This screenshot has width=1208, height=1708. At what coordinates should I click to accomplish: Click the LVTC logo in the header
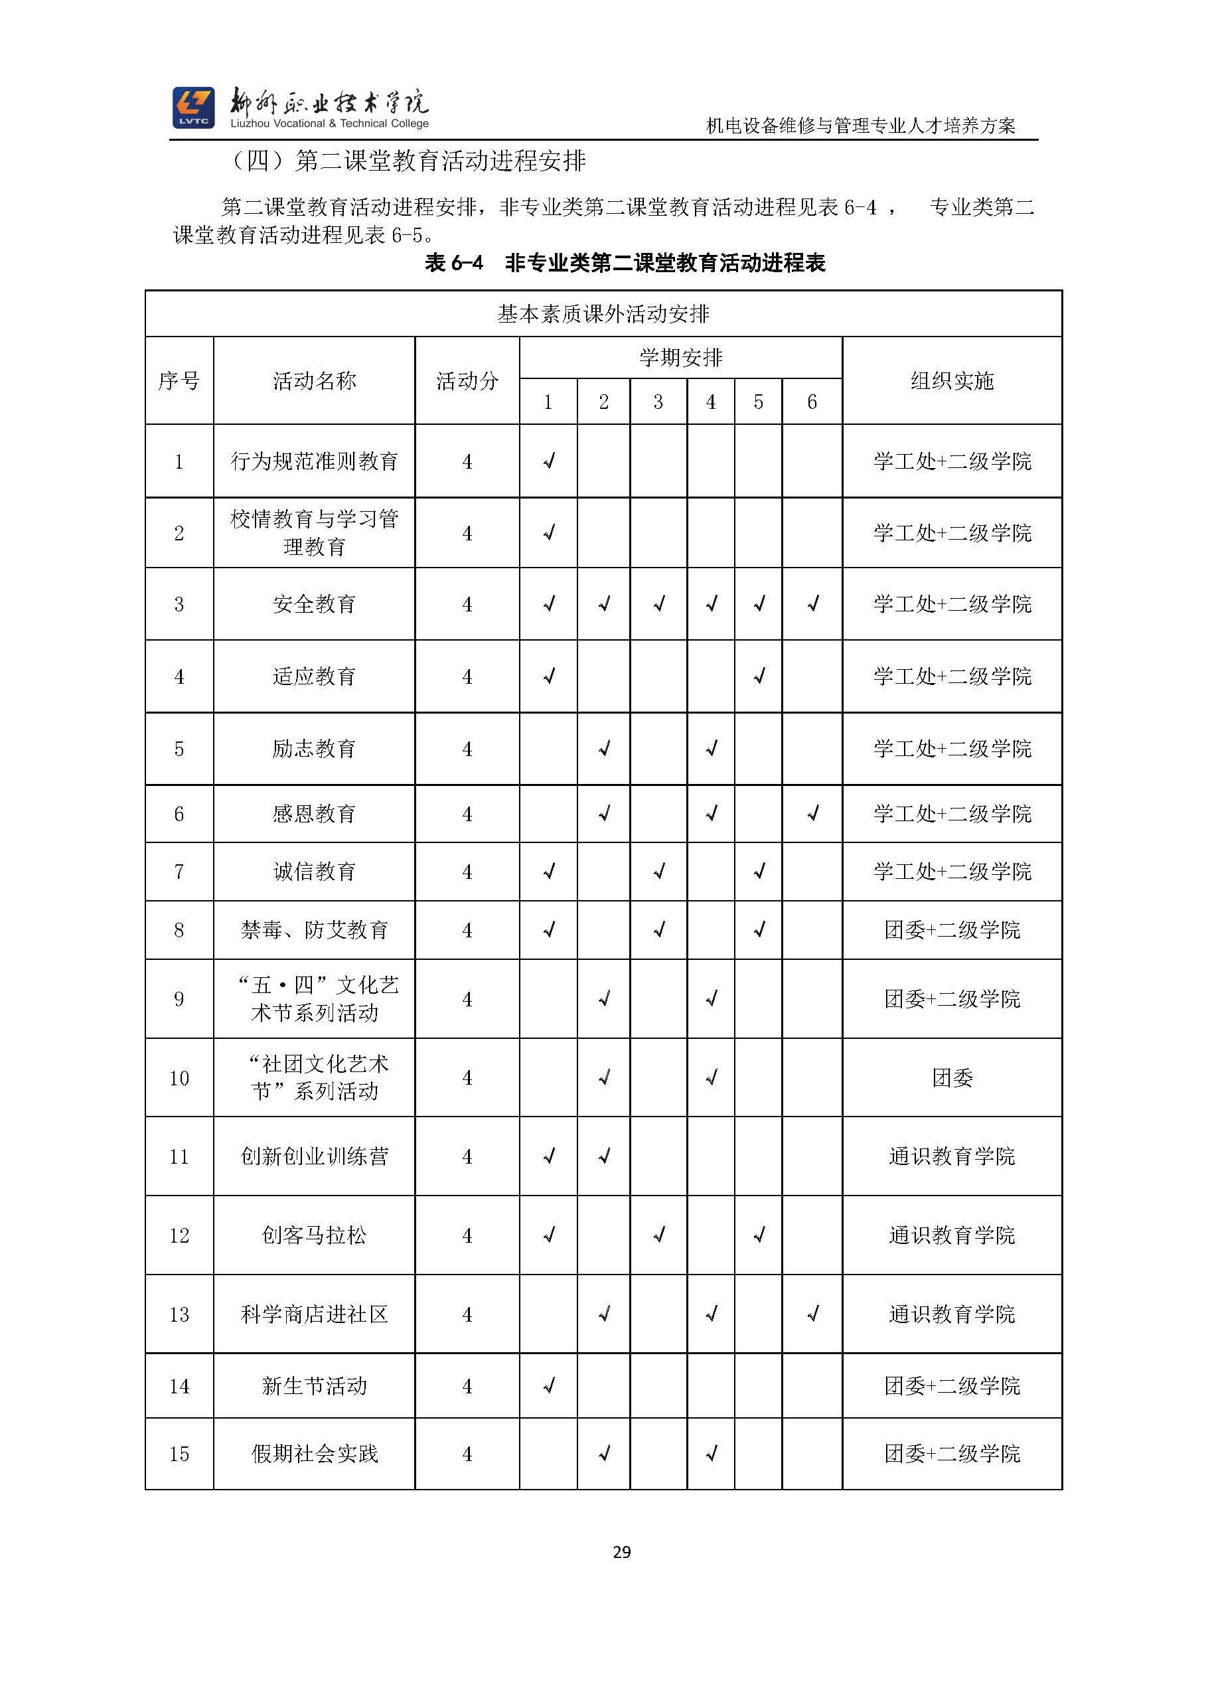pos(193,107)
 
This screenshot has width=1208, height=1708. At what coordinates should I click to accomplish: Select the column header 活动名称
pos(314,381)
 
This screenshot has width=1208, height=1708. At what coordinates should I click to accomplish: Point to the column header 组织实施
pos(952,381)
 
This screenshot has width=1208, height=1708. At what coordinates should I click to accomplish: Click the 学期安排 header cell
pos(680,358)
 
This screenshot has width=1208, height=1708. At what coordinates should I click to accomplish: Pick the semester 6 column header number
pos(812,402)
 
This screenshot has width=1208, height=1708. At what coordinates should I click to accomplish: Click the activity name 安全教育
pos(314,604)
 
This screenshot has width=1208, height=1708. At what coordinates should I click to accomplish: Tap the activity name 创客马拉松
pos(314,1235)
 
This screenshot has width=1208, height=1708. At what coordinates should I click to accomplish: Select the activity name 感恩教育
pos(314,814)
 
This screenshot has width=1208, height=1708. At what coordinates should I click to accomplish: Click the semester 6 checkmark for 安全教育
pos(813,604)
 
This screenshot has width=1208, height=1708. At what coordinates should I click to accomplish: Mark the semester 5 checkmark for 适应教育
pos(759,676)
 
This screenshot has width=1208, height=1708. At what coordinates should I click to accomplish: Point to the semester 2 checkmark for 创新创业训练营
pos(604,1156)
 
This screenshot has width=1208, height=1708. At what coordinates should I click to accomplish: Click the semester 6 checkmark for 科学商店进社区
pos(813,1314)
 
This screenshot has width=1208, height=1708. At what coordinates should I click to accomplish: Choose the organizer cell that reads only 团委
pos(952,1078)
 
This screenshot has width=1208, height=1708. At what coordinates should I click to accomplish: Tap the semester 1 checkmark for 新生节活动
pos(549,1386)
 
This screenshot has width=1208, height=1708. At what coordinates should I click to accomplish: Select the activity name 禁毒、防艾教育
pos(314,930)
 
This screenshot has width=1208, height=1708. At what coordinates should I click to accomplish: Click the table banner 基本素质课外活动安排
pos(603,314)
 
